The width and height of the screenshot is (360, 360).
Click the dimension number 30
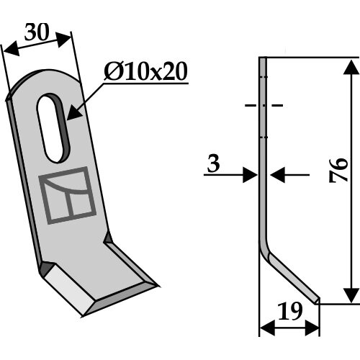[x=37, y=32]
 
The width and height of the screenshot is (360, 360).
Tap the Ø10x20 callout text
[x=145, y=71]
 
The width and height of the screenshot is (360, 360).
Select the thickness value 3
[x=213, y=164]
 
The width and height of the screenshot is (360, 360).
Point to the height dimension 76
[x=338, y=170]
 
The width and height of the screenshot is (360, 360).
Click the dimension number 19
[x=289, y=311]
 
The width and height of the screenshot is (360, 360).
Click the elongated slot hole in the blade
[x=53, y=128]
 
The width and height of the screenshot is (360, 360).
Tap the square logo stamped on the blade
[x=68, y=195]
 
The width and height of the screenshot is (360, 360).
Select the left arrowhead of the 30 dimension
[x=12, y=48]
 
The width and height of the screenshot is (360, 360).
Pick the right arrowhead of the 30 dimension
[x=64, y=39]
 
